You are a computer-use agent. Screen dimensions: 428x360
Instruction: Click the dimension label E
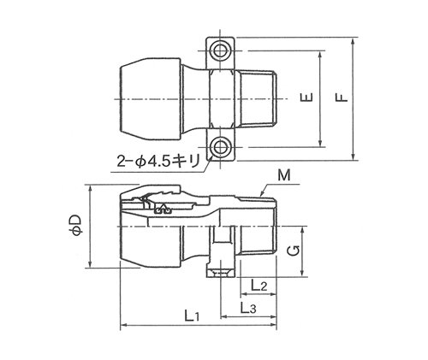pyautogui.click(x=306, y=97)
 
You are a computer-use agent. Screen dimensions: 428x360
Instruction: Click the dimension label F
pyautogui.click(x=342, y=97)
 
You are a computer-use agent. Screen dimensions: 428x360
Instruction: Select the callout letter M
pyautogui.click(x=283, y=175)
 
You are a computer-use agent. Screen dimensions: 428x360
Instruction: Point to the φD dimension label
pyautogui.click(x=77, y=225)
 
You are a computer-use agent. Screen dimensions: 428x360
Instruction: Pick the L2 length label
pyautogui.click(x=259, y=285)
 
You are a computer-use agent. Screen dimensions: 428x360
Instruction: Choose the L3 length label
pyautogui.click(x=248, y=308)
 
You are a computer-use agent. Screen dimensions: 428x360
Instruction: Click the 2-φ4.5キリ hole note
pyautogui.click(x=158, y=162)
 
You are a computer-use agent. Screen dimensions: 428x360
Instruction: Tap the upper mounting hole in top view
pyautogui.click(x=220, y=50)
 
